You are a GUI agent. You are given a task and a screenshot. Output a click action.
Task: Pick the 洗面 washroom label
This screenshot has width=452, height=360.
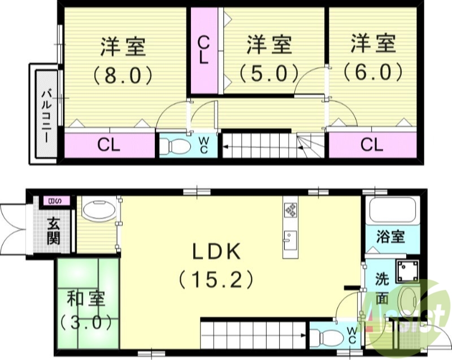click(x=383, y=289)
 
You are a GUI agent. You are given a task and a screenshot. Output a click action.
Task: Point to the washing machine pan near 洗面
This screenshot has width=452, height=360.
click(x=407, y=271)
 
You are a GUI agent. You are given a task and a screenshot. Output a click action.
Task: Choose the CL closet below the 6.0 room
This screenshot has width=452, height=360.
click(x=372, y=145)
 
